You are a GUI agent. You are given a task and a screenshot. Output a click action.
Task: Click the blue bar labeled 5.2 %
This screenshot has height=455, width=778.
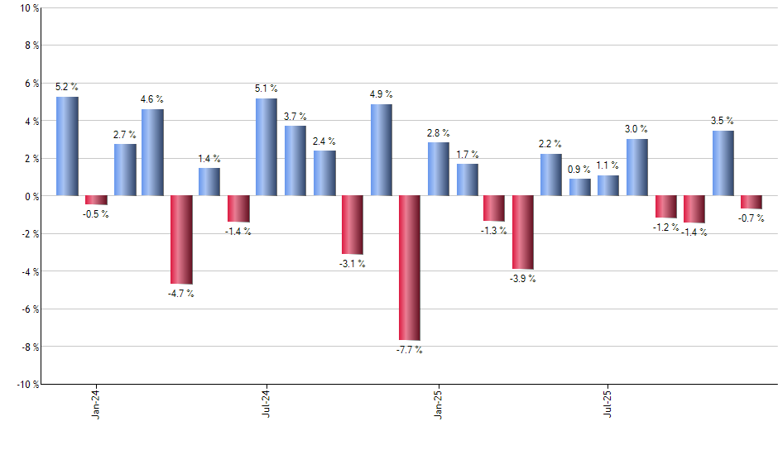pyautogui.click(x=67, y=146)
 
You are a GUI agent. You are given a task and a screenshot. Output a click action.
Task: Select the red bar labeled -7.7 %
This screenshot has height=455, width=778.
pyautogui.click(x=409, y=267)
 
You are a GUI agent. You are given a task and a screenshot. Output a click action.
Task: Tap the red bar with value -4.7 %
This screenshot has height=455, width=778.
pyautogui.click(x=181, y=239)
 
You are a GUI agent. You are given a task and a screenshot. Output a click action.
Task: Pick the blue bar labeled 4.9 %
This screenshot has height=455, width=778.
pyautogui.click(x=381, y=150)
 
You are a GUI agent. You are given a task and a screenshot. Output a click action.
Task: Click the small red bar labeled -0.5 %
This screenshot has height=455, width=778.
pyautogui.click(x=96, y=200)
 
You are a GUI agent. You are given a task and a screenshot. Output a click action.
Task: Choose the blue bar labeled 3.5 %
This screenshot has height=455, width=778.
pyautogui.click(x=723, y=163)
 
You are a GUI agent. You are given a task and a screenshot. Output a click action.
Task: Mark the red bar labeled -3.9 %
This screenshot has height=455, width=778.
pyautogui.click(x=523, y=232)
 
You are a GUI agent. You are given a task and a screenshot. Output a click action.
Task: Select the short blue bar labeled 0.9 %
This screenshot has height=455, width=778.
pyautogui.click(x=580, y=187)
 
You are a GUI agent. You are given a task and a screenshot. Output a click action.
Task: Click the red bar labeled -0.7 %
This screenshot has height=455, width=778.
pyautogui.click(x=752, y=202)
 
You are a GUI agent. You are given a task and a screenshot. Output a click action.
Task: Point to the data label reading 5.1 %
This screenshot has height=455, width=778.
pyautogui.click(x=267, y=89)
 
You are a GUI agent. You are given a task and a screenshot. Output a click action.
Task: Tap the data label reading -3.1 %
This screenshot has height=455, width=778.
pyautogui.click(x=353, y=264)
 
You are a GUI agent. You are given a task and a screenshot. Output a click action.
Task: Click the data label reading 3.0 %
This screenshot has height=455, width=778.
pyautogui.click(x=636, y=129)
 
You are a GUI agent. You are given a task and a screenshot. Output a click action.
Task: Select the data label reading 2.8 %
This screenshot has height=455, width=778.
pyautogui.click(x=439, y=132)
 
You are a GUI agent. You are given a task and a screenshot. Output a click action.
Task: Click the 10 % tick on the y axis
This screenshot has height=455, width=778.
pyautogui.click(x=27, y=8)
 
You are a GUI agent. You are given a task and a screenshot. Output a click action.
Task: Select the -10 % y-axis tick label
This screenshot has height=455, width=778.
pyautogui.click(x=26, y=384)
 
